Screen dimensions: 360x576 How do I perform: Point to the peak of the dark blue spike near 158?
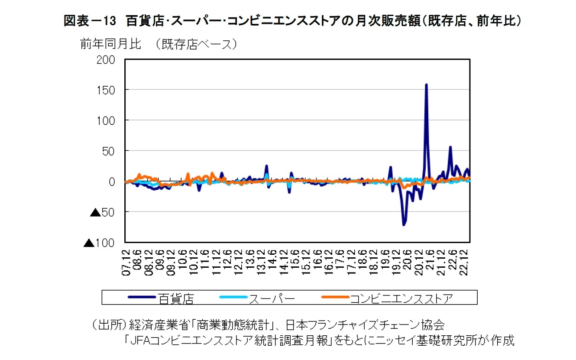pos(426,84)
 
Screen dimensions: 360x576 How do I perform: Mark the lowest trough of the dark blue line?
pos(404,225)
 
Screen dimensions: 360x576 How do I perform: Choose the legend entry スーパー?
pos(271,298)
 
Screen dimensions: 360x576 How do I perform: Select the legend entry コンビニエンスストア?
pos(401,298)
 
